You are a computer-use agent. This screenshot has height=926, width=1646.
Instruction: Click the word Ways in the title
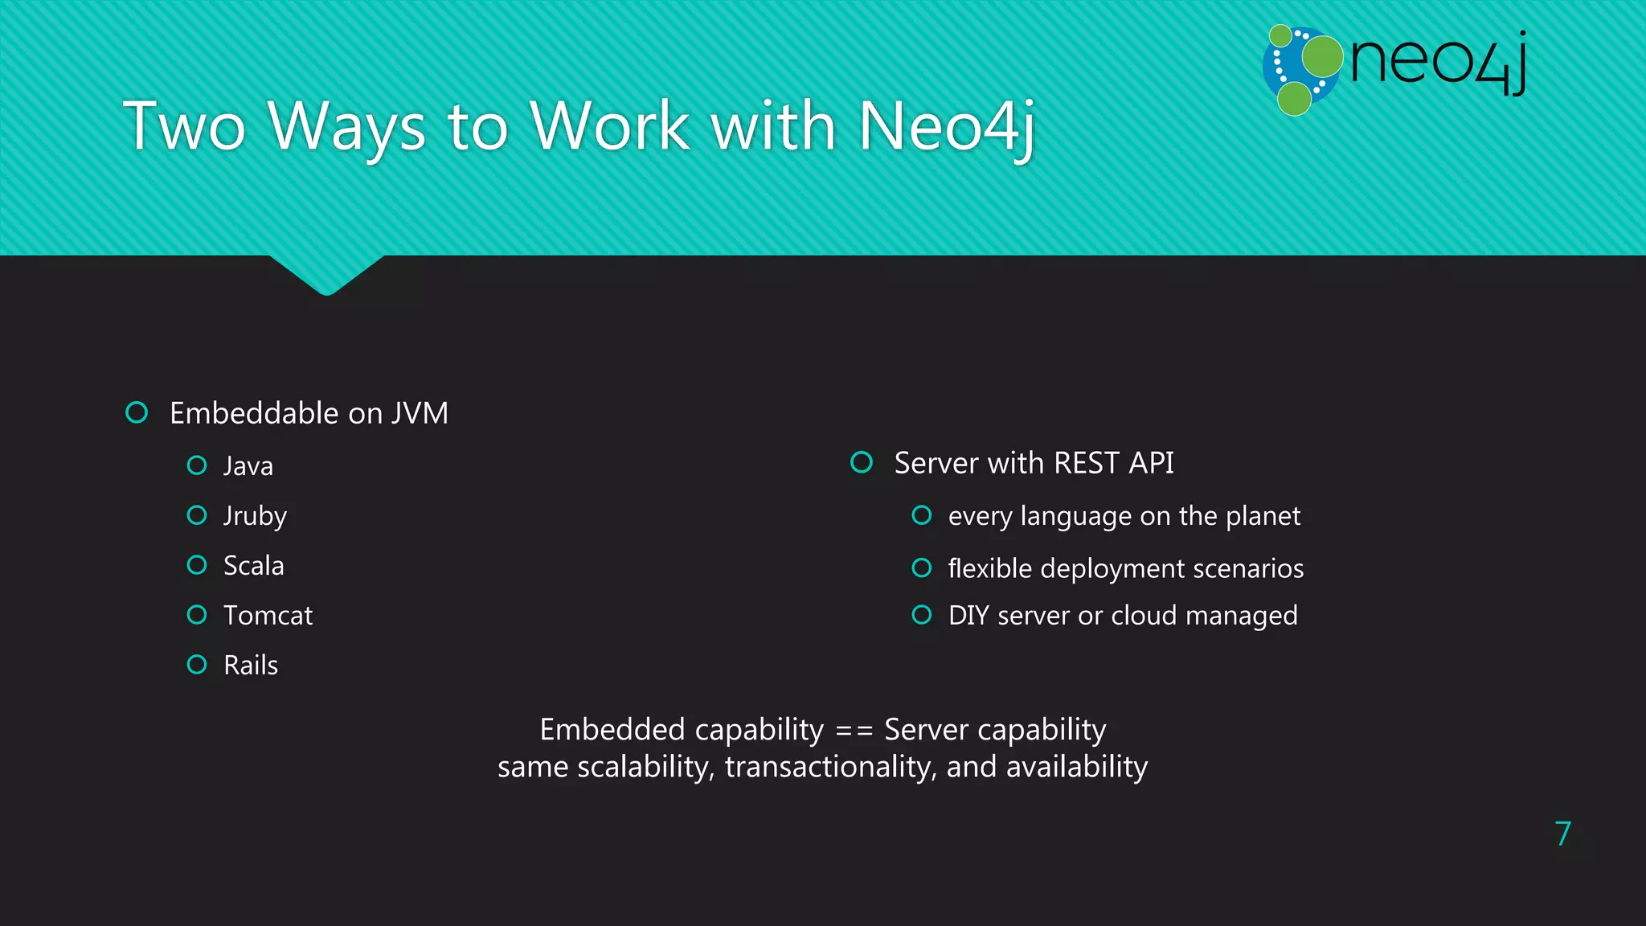(x=346, y=127)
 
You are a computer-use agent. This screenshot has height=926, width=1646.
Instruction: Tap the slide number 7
(x=1562, y=834)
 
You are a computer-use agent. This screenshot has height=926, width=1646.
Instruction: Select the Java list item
(x=248, y=466)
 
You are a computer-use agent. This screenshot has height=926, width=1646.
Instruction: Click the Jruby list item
(x=255, y=516)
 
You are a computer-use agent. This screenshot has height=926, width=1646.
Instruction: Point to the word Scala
(x=253, y=566)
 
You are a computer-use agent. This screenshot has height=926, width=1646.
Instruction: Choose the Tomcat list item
(x=268, y=616)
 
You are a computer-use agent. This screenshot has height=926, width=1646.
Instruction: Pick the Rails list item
(x=251, y=666)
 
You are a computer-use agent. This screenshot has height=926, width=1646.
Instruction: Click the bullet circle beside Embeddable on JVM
(x=137, y=412)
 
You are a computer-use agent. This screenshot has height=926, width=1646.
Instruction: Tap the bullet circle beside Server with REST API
(x=862, y=462)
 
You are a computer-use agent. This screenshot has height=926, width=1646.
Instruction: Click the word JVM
(x=420, y=413)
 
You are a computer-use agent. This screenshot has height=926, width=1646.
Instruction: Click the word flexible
(x=989, y=568)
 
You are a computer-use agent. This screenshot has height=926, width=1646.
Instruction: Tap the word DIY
(x=968, y=616)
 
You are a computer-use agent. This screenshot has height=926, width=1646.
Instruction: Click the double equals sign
(x=854, y=731)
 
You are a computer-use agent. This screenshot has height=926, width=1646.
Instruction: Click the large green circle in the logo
(x=1322, y=55)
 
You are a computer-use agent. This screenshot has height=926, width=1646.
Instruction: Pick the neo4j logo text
(x=1438, y=62)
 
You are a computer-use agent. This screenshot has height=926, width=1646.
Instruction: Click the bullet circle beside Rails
(x=197, y=665)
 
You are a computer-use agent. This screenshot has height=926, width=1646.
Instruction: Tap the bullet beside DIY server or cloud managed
(x=922, y=615)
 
